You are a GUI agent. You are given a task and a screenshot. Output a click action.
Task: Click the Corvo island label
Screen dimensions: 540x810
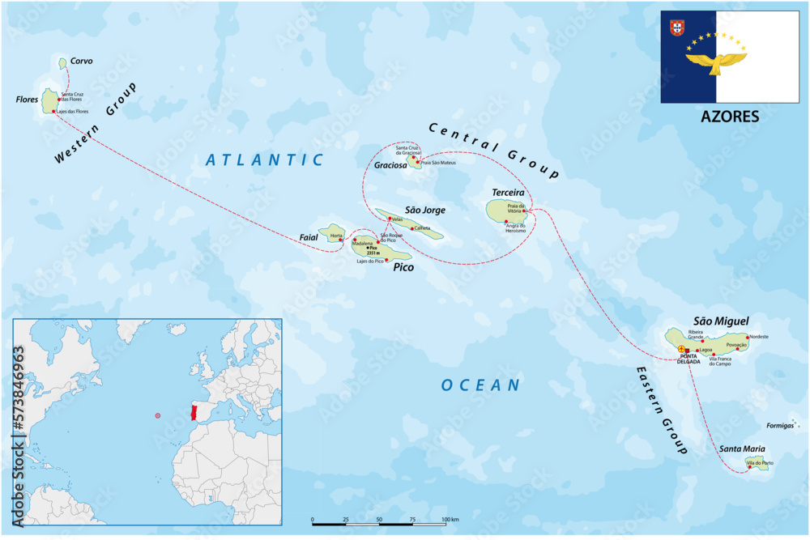coord(81,61)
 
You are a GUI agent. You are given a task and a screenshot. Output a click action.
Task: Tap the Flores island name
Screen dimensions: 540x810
coord(27,100)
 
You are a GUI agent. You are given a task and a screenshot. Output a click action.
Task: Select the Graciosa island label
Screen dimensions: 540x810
coord(390,165)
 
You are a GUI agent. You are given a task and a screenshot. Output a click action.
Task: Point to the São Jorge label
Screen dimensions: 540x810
coord(425,210)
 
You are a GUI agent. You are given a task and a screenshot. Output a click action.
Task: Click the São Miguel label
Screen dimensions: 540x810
coord(721,321)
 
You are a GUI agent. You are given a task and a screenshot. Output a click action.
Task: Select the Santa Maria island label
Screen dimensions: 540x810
coord(741,449)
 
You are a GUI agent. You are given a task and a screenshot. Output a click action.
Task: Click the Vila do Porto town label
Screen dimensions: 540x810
coord(761,462)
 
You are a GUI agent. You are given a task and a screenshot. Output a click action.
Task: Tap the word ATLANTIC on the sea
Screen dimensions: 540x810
coord(264,160)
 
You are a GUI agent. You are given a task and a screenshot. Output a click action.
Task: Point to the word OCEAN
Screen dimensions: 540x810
coord(480,385)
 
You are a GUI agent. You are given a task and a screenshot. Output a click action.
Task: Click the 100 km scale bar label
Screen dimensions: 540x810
coord(450,519)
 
